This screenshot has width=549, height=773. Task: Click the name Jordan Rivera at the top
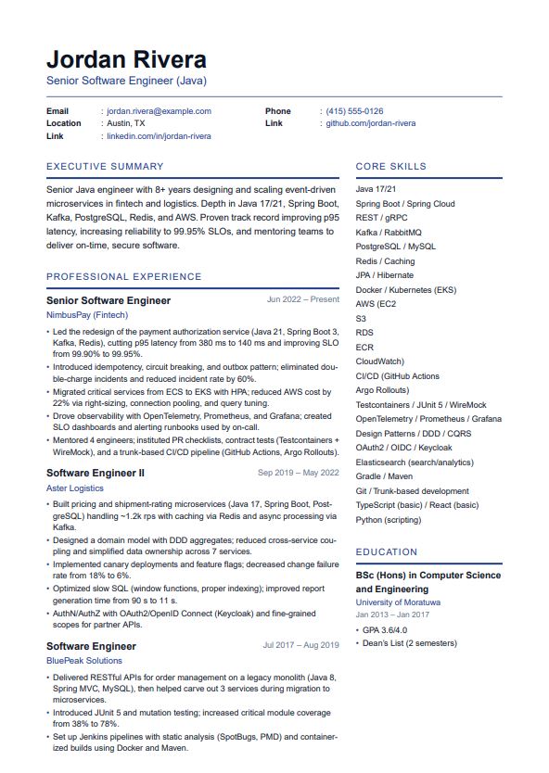(126, 60)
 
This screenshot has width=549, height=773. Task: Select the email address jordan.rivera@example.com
(159, 111)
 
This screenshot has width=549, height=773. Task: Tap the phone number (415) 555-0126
(354, 111)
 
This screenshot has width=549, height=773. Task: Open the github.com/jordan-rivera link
(370, 123)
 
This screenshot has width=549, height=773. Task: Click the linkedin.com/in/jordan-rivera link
(159, 136)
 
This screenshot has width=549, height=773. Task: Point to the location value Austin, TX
(126, 123)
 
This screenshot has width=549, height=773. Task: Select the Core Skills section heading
(390, 167)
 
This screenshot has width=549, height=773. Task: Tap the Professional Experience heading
(123, 276)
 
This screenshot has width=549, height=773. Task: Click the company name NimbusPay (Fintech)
(87, 315)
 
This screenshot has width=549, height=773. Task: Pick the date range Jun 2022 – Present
(302, 299)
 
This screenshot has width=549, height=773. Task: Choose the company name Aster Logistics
(75, 488)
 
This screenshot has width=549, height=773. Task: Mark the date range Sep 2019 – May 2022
(298, 473)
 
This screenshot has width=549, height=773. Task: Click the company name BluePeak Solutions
(84, 661)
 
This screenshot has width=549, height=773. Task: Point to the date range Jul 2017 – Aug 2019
(300, 645)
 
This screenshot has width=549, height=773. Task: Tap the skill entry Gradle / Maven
(384, 476)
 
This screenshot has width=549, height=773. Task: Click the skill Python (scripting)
(389, 520)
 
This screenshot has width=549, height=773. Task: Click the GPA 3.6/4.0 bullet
(384, 629)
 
